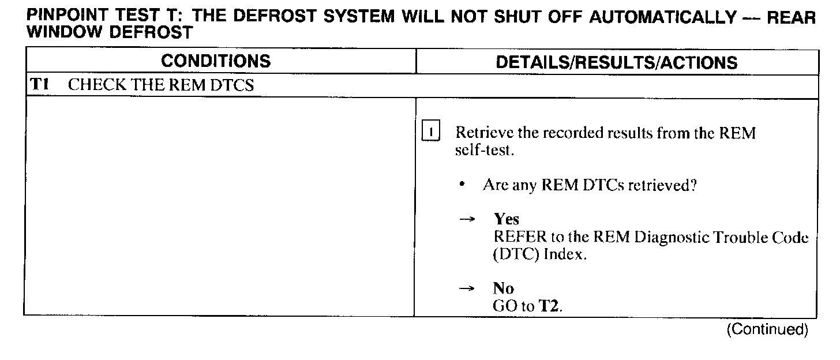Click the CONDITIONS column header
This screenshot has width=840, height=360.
coord(216,62)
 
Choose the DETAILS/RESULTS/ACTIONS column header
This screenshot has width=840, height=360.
coord(616,63)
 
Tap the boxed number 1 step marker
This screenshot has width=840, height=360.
coord(430,133)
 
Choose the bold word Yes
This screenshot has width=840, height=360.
coord(506,219)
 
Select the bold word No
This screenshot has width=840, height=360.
coord(503,289)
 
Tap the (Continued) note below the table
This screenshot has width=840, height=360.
coord(767,329)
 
